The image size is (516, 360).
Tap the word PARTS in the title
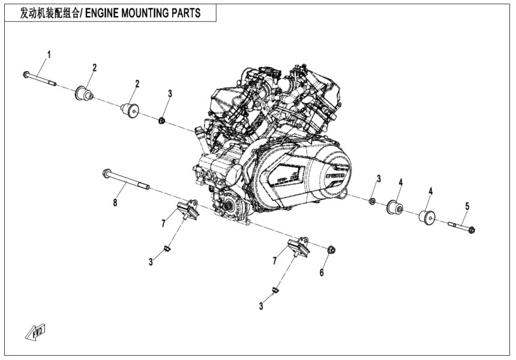[x=187, y=13]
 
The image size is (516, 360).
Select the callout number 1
[x=49, y=55]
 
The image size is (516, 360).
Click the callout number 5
[x=467, y=206]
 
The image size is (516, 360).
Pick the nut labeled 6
[x=332, y=249]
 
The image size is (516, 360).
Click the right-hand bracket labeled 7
[x=296, y=248]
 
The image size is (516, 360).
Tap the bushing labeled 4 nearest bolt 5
[x=430, y=217]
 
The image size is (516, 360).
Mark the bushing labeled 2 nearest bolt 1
[x=84, y=94]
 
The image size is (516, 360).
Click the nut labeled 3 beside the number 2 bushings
[x=162, y=121]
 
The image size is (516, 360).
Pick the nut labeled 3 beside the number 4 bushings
[x=372, y=200]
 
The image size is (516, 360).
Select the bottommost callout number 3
[x=261, y=306]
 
